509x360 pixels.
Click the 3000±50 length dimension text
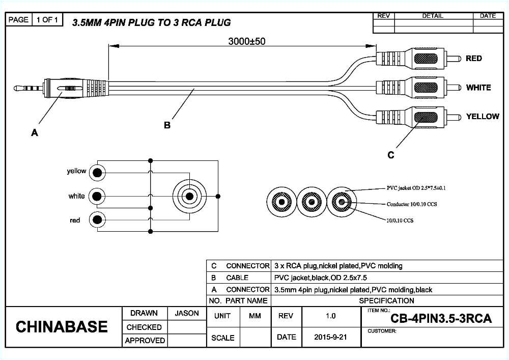(246, 42)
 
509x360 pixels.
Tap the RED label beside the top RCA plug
(473, 59)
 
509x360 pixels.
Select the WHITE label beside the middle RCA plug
(478, 88)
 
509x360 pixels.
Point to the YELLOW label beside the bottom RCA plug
(483, 117)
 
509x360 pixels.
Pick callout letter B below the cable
(167, 125)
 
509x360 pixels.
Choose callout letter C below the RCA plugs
(391, 155)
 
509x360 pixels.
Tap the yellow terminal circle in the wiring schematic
(97, 173)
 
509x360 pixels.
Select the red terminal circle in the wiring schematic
(97, 220)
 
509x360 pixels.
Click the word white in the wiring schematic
(77, 196)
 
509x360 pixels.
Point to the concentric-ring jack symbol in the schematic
(189, 196)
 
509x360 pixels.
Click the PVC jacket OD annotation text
(416, 188)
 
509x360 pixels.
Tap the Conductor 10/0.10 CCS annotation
(412, 204)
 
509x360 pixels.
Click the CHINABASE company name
(62, 327)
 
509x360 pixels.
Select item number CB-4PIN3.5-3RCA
(441, 319)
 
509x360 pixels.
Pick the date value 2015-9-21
(331, 337)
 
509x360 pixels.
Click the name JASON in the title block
(187, 314)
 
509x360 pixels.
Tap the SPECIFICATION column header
(386, 300)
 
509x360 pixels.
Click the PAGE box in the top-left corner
(18, 20)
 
